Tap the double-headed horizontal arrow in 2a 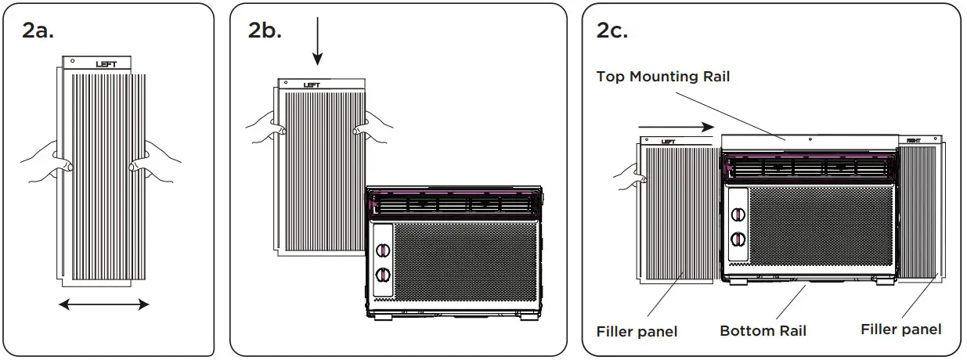pyautogui.click(x=103, y=304)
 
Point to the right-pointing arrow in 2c pyautogui.click(x=676, y=126)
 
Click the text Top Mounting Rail pyautogui.click(x=662, y=76)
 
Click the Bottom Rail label pyautogui.click(x=763, y=331)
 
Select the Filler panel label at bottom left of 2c pyautogui.click(x=637, y=331)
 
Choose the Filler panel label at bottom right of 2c pyautogui.click(x=900, y=329)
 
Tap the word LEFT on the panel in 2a pyautogui.click(x=106, y=64)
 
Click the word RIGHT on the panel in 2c pyautogui.click(x=913, y=141)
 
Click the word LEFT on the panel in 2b pyautogui.click(x=311, y=85)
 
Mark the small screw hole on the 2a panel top pyautogui.click(x=72, y=60)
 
